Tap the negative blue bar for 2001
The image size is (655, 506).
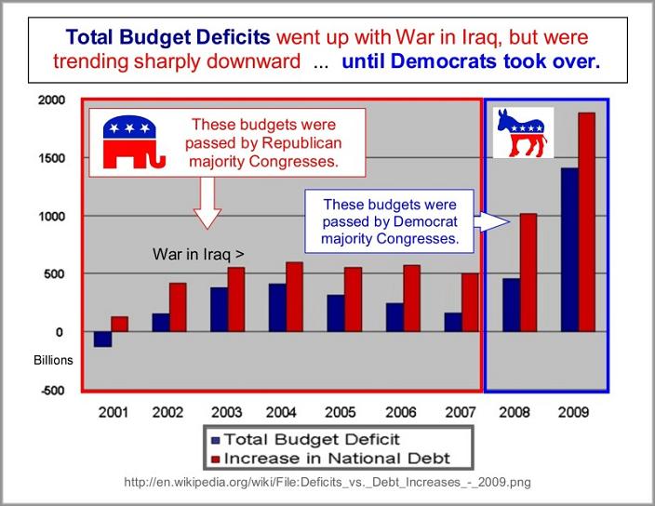coord(102,339)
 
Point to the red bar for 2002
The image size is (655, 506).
coord(178,307)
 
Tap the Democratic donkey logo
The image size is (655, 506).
coord(522,132)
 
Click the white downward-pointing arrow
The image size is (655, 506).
coord(207,203)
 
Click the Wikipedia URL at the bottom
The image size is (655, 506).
coord(327,483)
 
